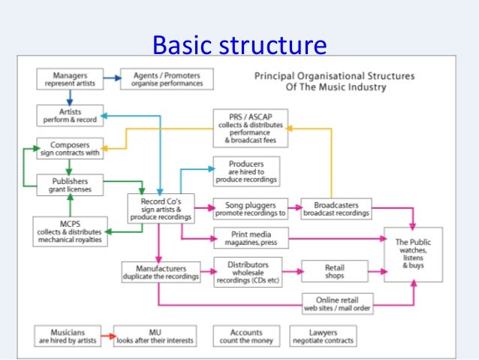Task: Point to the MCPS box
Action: [69, 231]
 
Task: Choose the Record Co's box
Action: [161, 208]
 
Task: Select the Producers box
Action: [246, 171]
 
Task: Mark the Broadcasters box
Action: [336, 208]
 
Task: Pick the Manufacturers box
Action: [161, 271]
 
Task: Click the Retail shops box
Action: [334, 271]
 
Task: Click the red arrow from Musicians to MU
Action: [104, 336]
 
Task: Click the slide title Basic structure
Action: [239, 46]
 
